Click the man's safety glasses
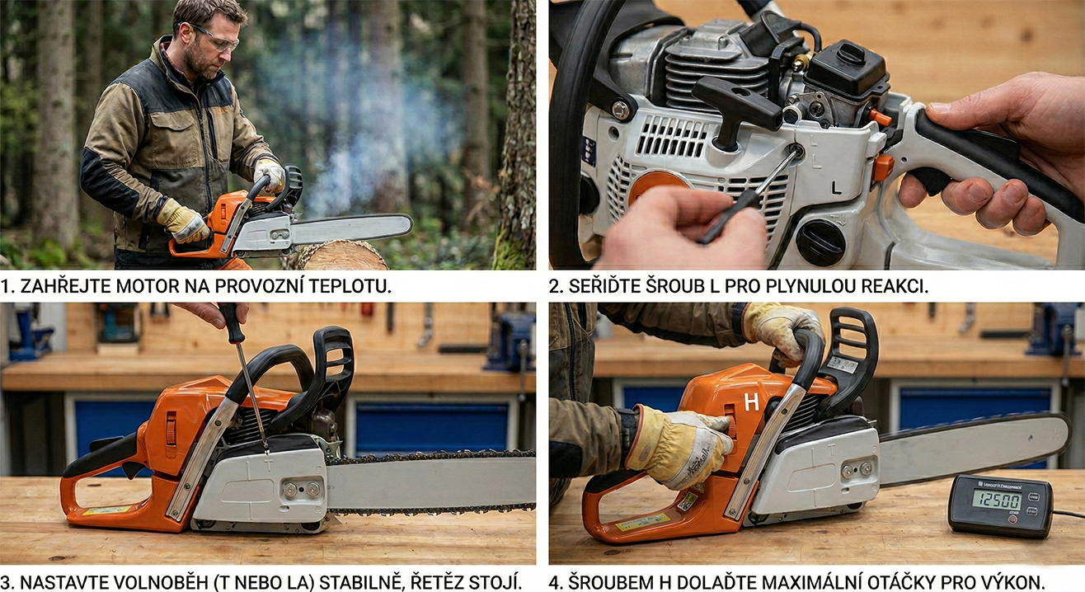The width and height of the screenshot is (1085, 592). click(x=213, y=38)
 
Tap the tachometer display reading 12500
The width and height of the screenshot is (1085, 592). click(x=997, y=500)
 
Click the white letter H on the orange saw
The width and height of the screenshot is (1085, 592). click(x=751, y=402)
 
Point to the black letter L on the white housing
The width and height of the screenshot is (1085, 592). click(x=836, y=188)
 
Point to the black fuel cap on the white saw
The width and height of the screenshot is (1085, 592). click(x=820, y=243)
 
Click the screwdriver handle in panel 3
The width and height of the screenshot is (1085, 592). click(x=232, y=322)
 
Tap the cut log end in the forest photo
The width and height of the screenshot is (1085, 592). click(x=341, y=256)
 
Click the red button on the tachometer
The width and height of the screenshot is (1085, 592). click(x=1012, y=519)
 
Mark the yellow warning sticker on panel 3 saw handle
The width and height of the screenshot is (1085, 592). click(x=106, y=510)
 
